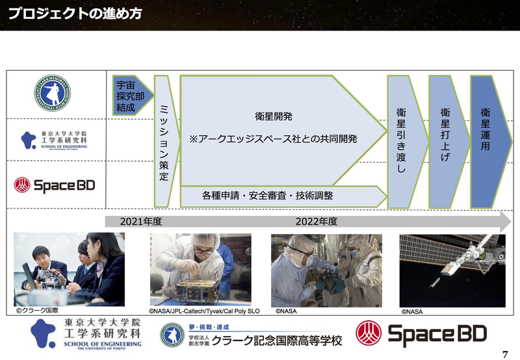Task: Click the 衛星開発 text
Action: click(x=274, y=117)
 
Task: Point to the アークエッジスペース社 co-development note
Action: click(x=273, y=139)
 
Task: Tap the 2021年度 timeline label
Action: click(x=140, y=222)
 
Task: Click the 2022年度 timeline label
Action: click(x=316, y=222)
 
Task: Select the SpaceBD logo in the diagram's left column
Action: click(x=55, y=185)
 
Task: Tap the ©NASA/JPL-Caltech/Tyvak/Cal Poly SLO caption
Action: click(x=204, y=311)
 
